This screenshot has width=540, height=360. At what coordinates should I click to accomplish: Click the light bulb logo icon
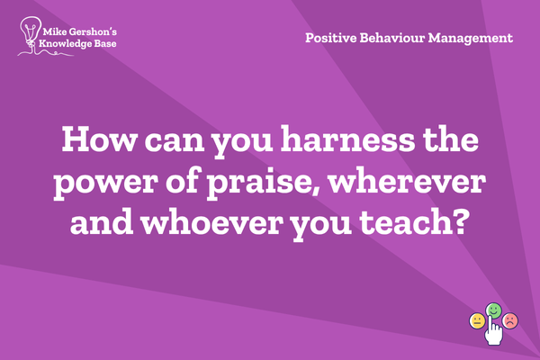[x=30, y=32]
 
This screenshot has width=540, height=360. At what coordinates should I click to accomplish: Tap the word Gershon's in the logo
[x=93, y=32]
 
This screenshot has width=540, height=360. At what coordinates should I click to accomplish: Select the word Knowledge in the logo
[x=66, y=44]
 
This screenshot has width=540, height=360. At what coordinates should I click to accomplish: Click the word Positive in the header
[x=331, y=38]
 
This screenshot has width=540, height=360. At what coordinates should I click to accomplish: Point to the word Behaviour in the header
[x=391, y=38]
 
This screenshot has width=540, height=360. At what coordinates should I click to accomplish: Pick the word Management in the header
[x=471, y=38]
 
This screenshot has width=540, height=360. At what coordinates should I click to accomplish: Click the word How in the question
[x=100, y=139]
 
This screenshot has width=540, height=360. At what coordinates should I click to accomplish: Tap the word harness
[x=347, y=139]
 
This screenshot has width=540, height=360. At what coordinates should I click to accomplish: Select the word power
[x=105, y=182]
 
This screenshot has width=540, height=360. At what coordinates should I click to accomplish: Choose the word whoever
[x=210, y=222]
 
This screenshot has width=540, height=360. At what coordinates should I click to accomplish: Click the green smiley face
[x=493, y=310]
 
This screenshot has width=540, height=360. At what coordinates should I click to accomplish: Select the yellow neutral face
[x=477, y=321]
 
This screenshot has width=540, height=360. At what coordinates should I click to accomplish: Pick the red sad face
[x=510, y=320]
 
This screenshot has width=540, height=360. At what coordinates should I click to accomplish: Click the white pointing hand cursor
[x=493, y=330]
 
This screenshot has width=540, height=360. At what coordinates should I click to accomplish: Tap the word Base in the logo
[x=105, y=44]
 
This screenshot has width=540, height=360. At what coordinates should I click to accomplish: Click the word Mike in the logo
[x=55, y=32]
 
